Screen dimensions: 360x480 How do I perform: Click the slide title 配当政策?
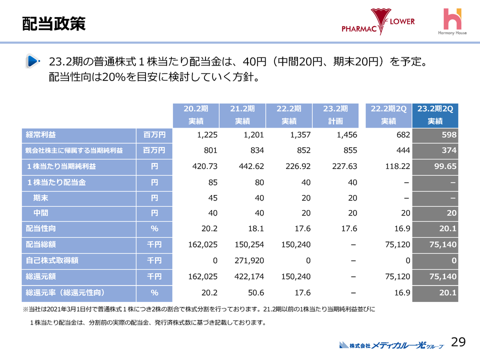54,23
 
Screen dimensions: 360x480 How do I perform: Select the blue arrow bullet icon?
33,61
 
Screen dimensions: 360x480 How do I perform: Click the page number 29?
458,342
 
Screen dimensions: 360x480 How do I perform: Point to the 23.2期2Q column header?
435,115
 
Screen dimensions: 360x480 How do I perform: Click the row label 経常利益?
41,135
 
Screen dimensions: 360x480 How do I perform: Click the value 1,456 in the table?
346,135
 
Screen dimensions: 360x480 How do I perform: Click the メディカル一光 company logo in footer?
391,344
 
